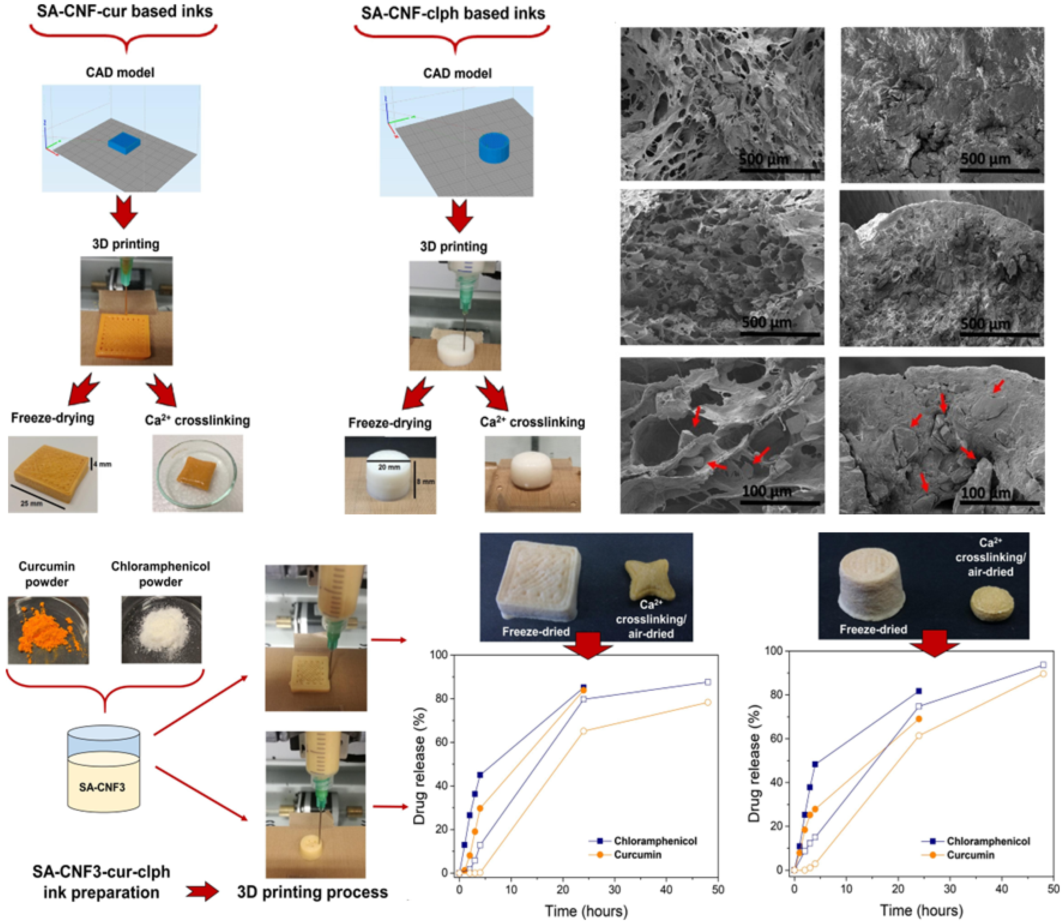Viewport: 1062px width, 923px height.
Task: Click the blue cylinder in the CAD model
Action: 493,148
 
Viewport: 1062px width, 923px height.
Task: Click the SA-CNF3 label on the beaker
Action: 102,787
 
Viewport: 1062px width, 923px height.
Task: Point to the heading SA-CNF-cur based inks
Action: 125,11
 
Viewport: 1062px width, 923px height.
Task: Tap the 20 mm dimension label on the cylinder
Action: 389,467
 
